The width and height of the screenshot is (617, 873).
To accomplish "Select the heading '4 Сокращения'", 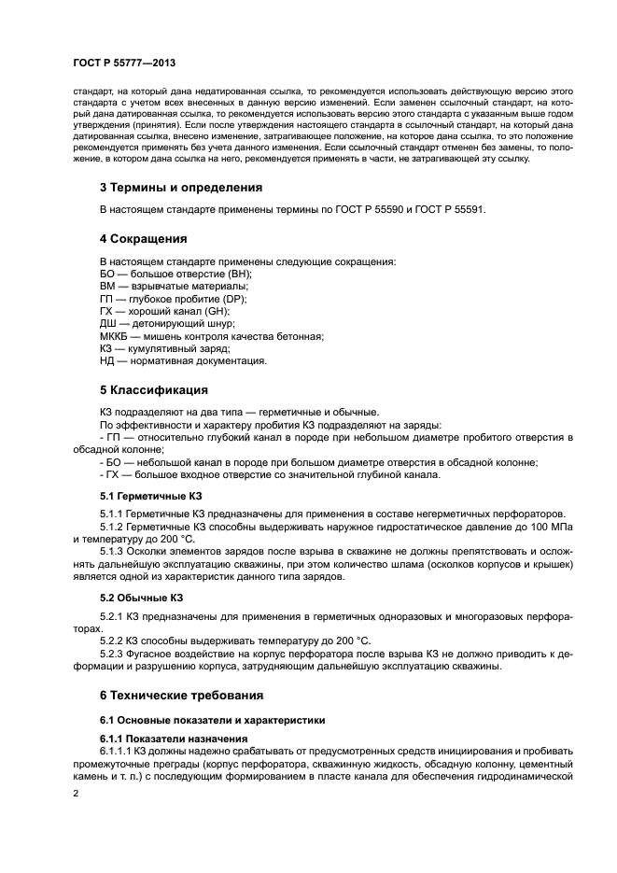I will pos(144,238).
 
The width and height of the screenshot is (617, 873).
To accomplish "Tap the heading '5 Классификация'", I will pos(154,389).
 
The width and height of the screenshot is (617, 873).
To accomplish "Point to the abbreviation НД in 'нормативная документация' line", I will pos(106,360).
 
